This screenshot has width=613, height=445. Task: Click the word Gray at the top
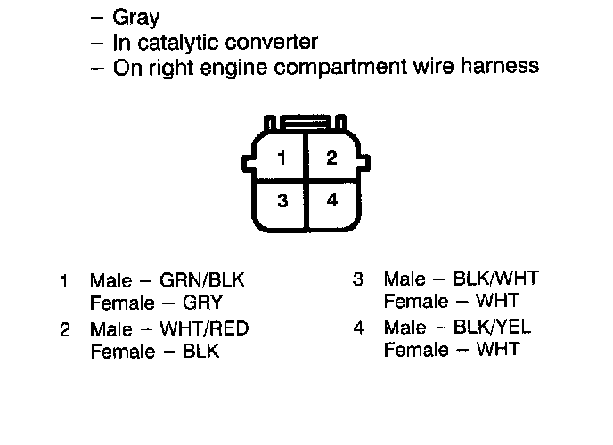click(136, 18)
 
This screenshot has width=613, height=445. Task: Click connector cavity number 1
click(282, 159)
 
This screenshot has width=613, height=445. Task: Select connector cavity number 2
click(331, 158)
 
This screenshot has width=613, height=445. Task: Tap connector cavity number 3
click(282, 201)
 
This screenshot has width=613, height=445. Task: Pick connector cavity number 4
click(332, 200)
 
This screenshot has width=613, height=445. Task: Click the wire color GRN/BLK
click(202, 280)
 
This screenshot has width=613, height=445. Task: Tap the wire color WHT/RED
click(204, 328)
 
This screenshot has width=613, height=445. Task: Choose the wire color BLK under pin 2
click(200, 351)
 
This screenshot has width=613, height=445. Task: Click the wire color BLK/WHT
click(494, 279)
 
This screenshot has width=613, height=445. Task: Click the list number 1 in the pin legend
click(64, 281)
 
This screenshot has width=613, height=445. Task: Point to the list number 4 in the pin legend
click(358, 328)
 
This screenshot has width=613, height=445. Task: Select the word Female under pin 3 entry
click(416, 302)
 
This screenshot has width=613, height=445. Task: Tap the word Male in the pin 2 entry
click(110, 328)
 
